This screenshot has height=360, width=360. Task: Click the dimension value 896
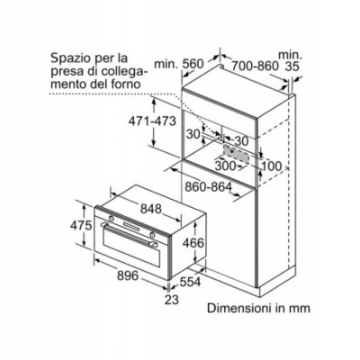[128, 275]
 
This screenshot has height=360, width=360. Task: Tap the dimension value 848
[151, 209]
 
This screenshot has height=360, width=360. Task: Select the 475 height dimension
[81, 225]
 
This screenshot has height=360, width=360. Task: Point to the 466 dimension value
[193, 243]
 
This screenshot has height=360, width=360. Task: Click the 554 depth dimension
[190, 282]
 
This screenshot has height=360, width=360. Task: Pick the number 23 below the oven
[172, 300]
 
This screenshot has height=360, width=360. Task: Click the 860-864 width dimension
[208, 187]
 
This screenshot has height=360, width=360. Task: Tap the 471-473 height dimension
[152, 121]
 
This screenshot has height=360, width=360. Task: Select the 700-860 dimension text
[255, 66]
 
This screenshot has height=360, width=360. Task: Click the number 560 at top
[193, 64]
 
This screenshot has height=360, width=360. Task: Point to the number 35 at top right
[292, 67]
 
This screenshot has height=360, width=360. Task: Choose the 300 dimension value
[225, 166]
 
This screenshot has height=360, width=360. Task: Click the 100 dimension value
[272, 166]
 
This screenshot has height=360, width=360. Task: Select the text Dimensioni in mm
[258, 308]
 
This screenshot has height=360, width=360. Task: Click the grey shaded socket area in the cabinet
[237, 154]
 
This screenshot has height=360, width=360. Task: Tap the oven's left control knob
[111, 218]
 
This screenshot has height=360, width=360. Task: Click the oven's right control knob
[152, 235]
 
